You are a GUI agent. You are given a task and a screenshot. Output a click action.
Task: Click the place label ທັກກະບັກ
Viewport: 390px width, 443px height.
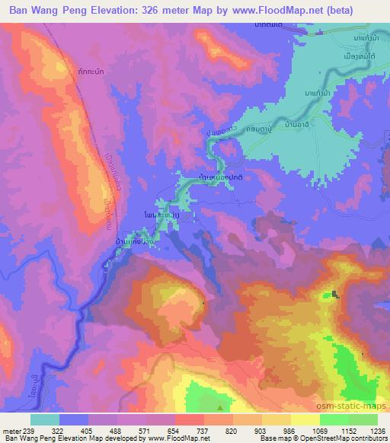[86, 78]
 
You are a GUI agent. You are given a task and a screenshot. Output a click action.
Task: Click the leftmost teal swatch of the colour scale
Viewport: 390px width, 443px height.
[45, 419]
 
